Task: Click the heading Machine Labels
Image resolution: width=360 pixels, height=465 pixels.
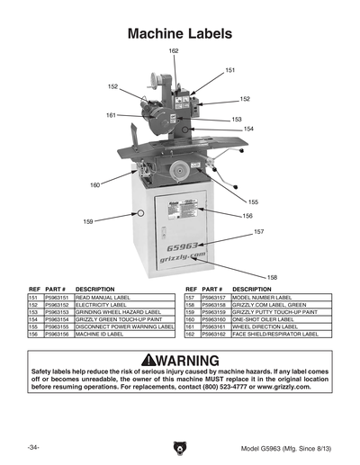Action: tap(180, 33)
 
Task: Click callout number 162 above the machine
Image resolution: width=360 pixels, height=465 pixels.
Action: tap(174, 51)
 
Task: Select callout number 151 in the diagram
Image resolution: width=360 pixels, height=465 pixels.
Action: tap(230, 69)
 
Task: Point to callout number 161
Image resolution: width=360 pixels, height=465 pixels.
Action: tap(111, 115)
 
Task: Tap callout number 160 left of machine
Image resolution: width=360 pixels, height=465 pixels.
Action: tap(94, 185)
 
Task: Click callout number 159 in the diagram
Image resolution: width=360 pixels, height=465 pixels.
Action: tap(88, 220)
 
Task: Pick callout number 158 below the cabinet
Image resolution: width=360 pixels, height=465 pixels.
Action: tap(272, 277)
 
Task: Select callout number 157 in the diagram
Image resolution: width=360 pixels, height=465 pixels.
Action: tap(259, 232)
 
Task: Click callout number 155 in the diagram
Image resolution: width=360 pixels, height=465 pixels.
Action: tap(253, 202)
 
